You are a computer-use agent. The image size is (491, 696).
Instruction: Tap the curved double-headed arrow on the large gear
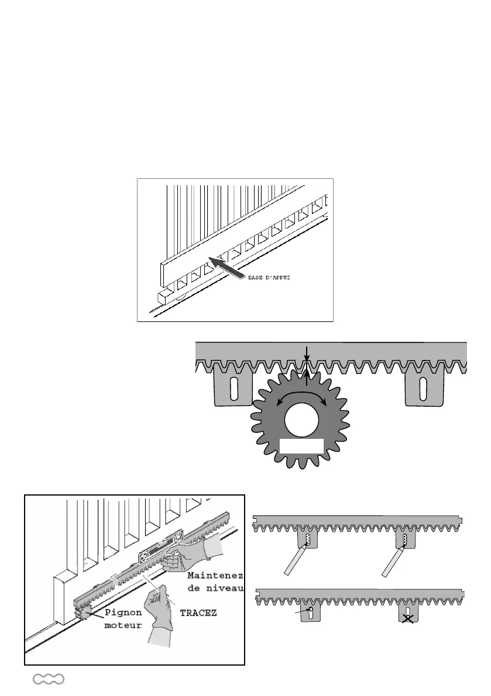coord(301,396)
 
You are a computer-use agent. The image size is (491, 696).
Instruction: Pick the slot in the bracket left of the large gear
coord(234,388)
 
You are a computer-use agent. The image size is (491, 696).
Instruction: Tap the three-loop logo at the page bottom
coord(49,679)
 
